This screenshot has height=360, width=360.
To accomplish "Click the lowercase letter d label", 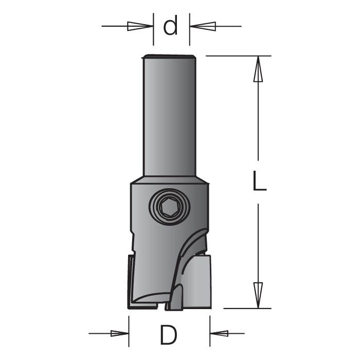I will [171, 26].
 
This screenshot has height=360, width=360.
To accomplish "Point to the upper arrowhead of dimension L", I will [259, 69].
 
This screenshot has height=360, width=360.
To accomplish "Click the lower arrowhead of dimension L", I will [259, 295].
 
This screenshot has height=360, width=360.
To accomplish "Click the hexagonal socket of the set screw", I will [169, 208].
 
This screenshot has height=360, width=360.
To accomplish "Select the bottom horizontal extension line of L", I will [247, 309].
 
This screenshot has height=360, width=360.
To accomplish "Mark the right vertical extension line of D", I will [210, 329].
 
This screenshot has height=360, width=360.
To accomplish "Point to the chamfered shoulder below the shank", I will [169, 180].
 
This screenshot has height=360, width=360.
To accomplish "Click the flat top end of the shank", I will [169, 56].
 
